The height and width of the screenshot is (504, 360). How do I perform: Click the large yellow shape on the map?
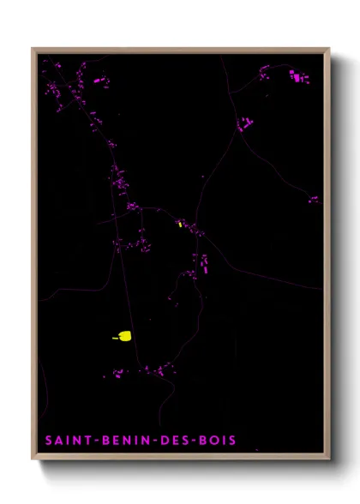[x=124, y=335]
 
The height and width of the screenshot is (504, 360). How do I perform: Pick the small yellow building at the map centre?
[x=180, y=224]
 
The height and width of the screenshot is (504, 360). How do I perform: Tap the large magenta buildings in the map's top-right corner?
[x=297, y=77]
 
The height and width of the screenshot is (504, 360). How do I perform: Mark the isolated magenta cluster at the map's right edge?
[x=314, y=200]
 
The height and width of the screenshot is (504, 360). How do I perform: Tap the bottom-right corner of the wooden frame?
[x=329, y=459]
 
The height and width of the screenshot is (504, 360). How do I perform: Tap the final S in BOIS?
[x=233, y=441]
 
